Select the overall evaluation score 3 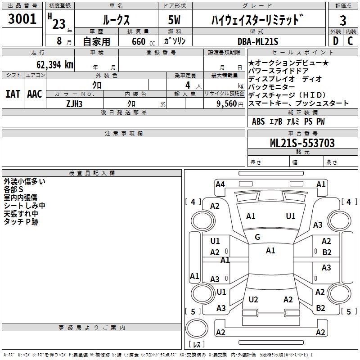coord(343,20)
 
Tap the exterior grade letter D coord(335,41)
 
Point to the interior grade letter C coord(351,41)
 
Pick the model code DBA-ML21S coord(258,41)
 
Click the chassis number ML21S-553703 coord(302,143)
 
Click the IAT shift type coord(13,94)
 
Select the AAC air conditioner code coord(35,94)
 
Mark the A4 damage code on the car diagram coord(220,184)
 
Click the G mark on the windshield coord(257,237)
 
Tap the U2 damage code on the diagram coord(253,300)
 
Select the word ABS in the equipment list coord(258,121)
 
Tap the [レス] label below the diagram coord(197,345)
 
